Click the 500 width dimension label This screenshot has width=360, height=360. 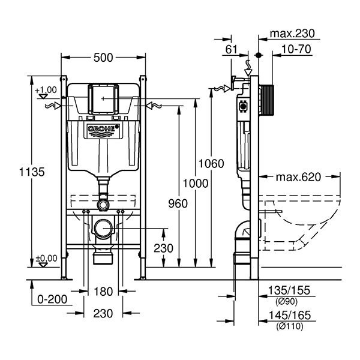(104, 58)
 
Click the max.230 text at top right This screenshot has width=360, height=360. (292, 34)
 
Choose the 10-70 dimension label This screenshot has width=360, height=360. (296, 49)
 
